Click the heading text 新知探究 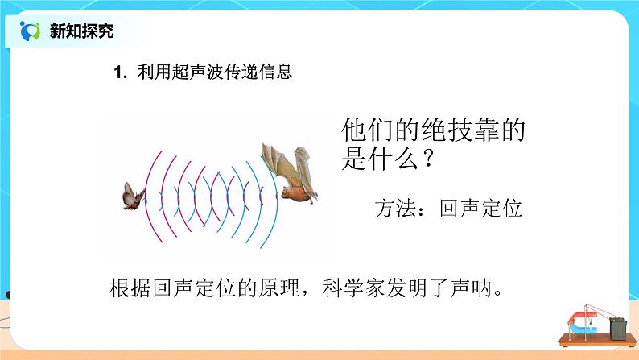[81, 31]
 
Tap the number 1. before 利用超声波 [121, 73]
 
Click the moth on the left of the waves [132, 196]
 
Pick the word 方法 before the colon [394, 208]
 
